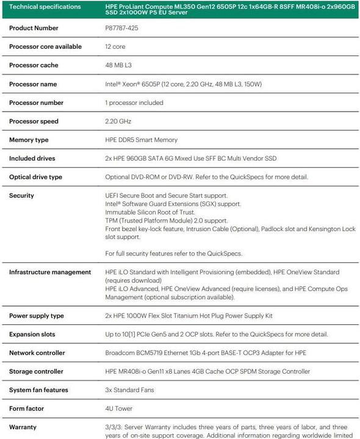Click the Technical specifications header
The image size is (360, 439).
coord(46,7)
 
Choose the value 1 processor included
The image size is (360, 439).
coord(134,102)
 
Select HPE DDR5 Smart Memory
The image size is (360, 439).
coord(142,140)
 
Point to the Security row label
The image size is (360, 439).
coord(22,196)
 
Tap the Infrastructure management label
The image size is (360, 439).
coord(50,272)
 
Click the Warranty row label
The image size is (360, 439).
coord(24,427)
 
